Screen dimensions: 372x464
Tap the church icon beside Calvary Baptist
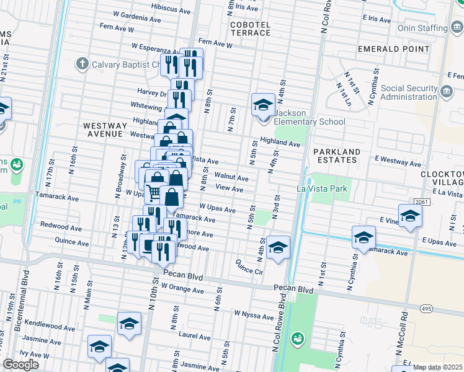pyautogui.click(x=82, y=64)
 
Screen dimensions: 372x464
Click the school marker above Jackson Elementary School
pyautogui.click(x=263, y=104)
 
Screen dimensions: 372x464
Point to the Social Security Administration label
pyautogui.click(x=409, y=92)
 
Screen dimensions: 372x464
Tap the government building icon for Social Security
pyautogui.click(x=446, y=92)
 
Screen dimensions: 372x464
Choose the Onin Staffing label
pyautogui.click(x=423, y=28)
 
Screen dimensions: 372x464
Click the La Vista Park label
pyautogui.click(x=323, y=188)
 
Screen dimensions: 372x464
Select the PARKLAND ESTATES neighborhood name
pyautogui.click(x=336, y=155)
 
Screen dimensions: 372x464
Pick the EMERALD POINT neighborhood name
pyautogui.click(x=384, y=48)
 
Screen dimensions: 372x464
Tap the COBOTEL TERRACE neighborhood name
pyautogui.click(x=250, y=29)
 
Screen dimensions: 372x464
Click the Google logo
pyautogui.click(x=20, y=365)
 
